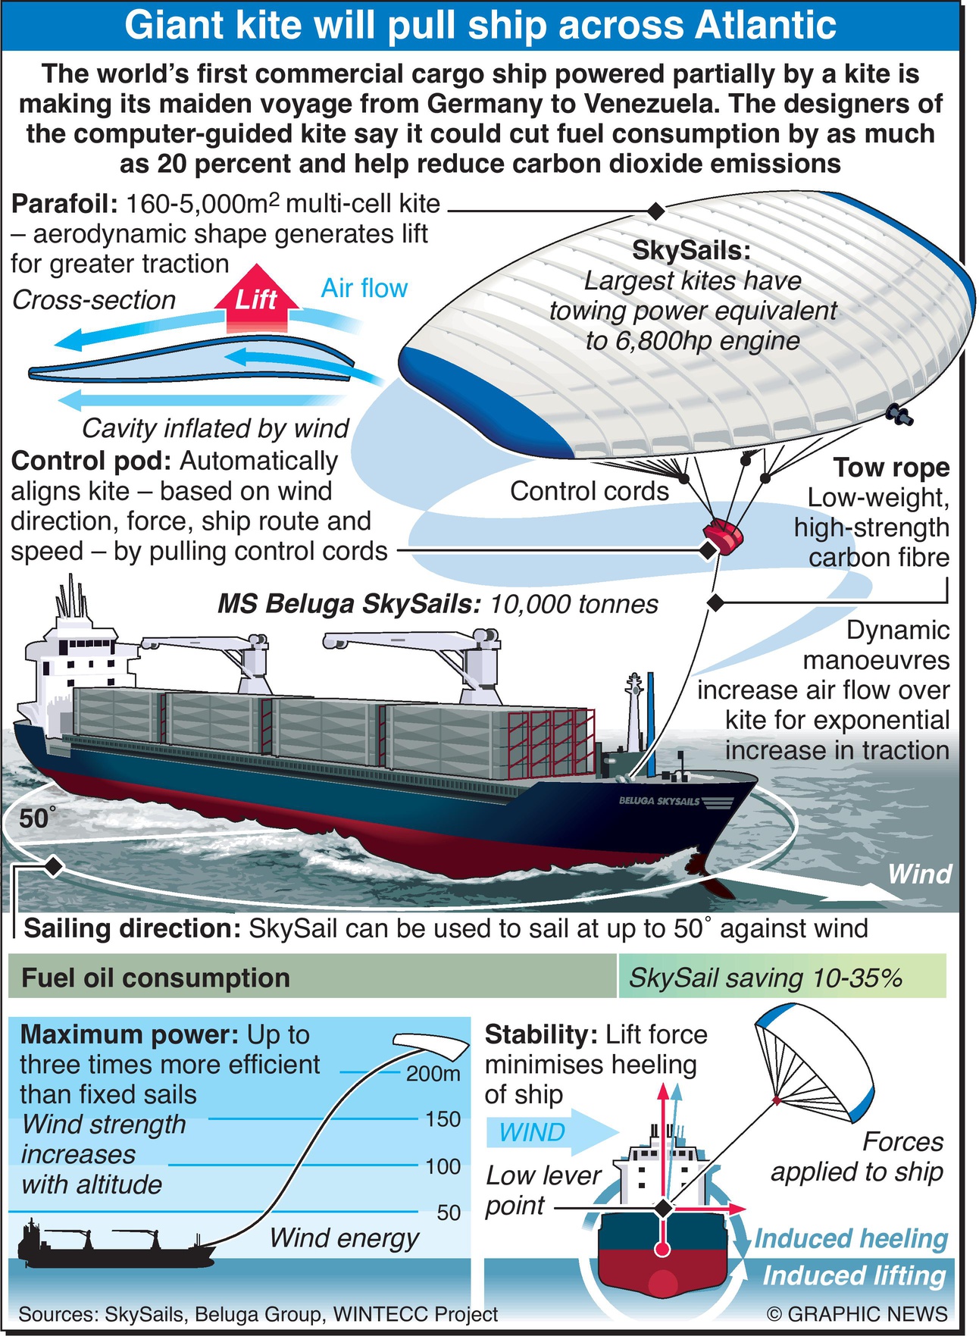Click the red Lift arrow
[256, 299]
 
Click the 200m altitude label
[433, 1073]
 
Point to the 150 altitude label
[443, 1119]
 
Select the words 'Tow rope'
[891, 468]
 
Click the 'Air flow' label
[364, 288]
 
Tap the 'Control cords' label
[589, 491]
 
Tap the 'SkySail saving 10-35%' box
[780, 978]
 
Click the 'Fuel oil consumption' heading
[155, 978]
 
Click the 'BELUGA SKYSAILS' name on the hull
[659, 801]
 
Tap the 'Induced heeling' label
[851, 1238]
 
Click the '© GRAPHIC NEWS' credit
[856, 1313]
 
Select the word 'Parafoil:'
[64, 204]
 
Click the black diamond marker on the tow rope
[714, 602]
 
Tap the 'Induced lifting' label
[854, 1275]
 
